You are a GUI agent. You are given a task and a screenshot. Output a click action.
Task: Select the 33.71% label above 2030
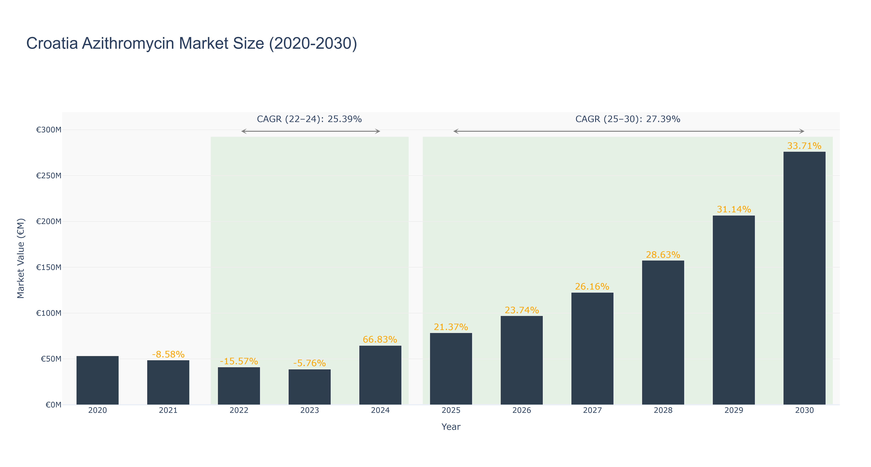point(804,146)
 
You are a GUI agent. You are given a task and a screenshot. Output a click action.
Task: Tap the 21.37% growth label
point(451,327)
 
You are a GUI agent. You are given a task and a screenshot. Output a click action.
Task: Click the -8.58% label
point(168,354)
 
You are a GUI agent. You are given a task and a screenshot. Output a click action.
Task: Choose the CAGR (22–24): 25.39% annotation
point(309,119)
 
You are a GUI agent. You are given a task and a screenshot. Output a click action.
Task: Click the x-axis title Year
point(451,427)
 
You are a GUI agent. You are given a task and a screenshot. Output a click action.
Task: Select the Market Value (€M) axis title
point(21,258)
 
